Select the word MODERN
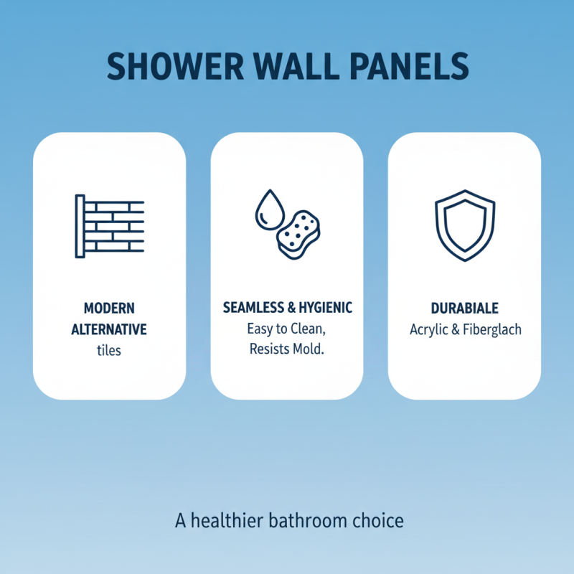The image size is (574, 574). (109, 309)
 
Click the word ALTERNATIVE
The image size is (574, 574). (109, 330)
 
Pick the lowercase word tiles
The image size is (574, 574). (109, 352)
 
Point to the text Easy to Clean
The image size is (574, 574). (286, 329)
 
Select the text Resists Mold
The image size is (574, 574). (286, 351)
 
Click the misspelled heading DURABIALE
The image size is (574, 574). (464, 309)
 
